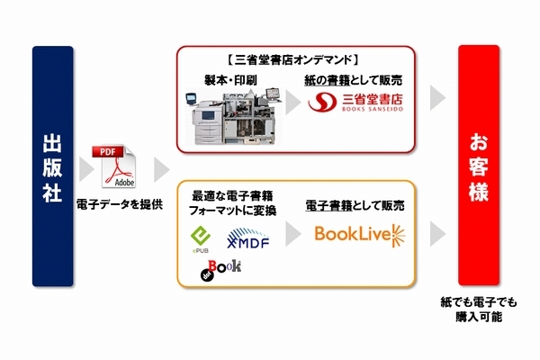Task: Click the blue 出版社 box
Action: tap(52, 166)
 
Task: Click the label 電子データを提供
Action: tap(120, 204)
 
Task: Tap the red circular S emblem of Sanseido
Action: tap(322, 105)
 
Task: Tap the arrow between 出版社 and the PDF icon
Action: tap(86, 168)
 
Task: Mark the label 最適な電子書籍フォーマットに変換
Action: tap(234, 202)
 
